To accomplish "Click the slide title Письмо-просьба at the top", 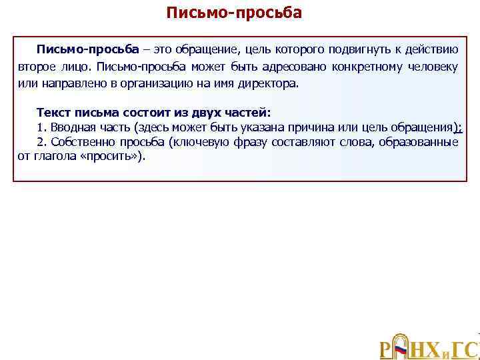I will pyautogui.click(x=234, y=13).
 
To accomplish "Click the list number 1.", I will pyautogui.click(x=41, y=127).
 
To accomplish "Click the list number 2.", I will pyautogui.click(x=41, y=142).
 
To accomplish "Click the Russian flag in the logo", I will pyautogui.click(x=401, y=349).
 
